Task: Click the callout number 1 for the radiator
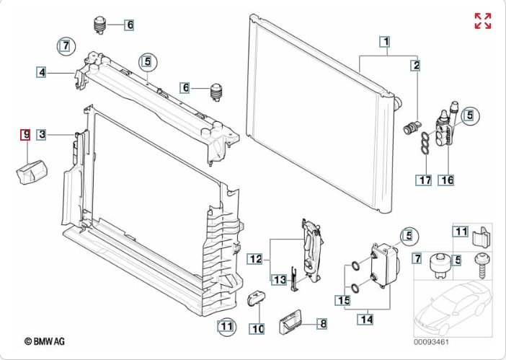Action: coord(386,42)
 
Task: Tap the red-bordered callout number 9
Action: coord(24,134)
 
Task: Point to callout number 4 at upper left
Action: coord(43,71)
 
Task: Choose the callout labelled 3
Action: coord(43,134)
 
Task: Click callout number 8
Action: coord(322,325)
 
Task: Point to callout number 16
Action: coord(447,180)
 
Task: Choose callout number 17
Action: coord(424,180)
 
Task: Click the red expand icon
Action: coord(482,21)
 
